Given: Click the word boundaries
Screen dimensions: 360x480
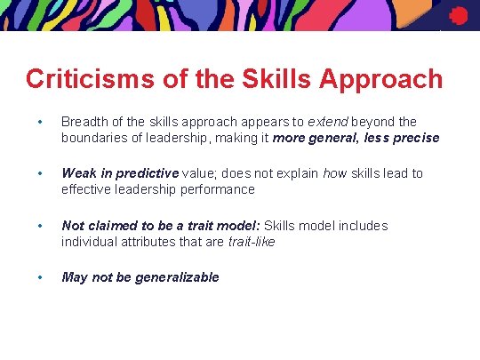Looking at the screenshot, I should tap(96, 138).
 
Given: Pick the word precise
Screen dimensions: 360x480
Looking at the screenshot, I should tap(413, 138).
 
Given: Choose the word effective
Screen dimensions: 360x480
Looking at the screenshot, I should tap(86, 189).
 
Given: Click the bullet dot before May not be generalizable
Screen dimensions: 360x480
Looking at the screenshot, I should tap(39, 277).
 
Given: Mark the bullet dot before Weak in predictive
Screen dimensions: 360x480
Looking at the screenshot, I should tap(39, 173).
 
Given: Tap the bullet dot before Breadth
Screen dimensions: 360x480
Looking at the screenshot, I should tap(39, 122).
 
